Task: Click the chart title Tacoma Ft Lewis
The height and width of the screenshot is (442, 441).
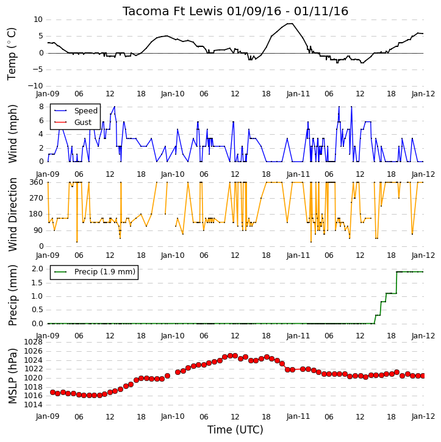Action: coord(173,11)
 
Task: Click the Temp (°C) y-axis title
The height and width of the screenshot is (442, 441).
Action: coord(12,54)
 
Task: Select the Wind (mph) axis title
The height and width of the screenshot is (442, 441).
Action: coord(12,134)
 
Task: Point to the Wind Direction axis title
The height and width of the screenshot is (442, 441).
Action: coord(12,214)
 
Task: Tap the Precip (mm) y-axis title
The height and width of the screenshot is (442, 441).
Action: coord(12,296)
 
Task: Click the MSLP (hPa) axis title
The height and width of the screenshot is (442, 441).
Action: coord(12,376)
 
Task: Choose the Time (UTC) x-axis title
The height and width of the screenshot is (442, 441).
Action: coord(235,430)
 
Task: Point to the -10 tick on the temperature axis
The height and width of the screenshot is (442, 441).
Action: coord(35,86)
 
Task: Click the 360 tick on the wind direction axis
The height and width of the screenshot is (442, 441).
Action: coord(37,182)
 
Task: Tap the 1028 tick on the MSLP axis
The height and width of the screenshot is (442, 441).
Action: coord(34,342)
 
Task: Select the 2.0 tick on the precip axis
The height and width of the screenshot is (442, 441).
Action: coord(37,269)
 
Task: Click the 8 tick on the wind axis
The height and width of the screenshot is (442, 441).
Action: coord(41,107)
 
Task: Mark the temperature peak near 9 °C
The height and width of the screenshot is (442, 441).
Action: coord(290,24)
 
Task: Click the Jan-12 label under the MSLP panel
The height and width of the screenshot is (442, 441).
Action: coord(423,416)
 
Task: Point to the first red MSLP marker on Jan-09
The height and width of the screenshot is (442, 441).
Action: coord(52,392)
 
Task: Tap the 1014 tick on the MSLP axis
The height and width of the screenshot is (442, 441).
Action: coord(34,405)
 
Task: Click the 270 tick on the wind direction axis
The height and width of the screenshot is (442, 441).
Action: coord(37,198)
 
